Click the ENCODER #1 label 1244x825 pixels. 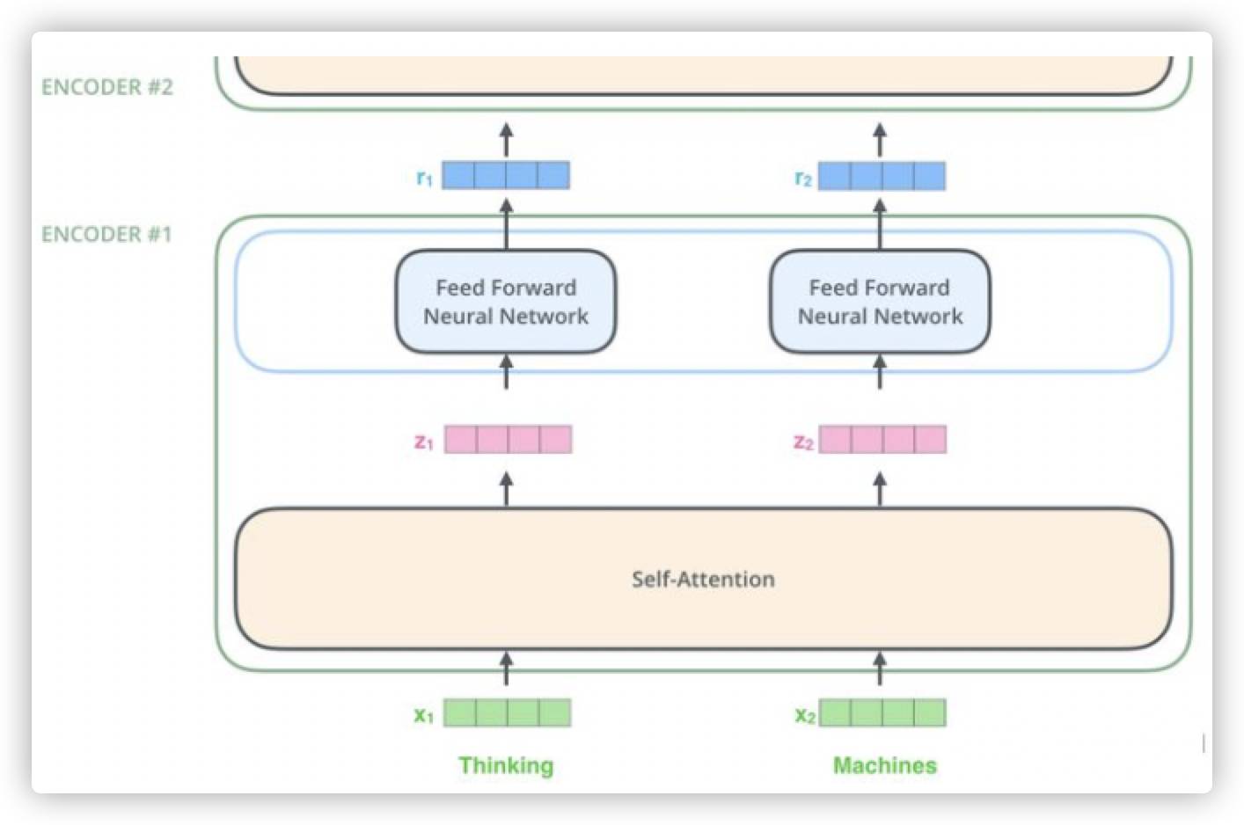[x=106, y=234]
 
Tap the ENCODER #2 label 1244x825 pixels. [x=107, y=86]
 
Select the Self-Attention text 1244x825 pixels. [x=703, y=579]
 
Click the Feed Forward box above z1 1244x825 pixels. [x=506, y=302]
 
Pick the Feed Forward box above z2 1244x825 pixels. [x=881, y=302]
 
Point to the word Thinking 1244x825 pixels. [x=506, y=765]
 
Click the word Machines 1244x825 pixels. [x=885, y=765]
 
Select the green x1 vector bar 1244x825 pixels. [x=507, y=712]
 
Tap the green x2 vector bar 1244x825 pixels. [x=882, y=712]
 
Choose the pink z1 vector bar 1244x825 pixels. [x=509, y=439]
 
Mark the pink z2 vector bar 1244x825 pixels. [x=882, y=439]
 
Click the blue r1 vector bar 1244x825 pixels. [x=506, y=175]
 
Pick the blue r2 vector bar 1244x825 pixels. [x=882, y=175]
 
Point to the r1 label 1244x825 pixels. [x=424, y=178]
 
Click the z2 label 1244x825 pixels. [x=803, y=442]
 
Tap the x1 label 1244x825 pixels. [x=424, y=715]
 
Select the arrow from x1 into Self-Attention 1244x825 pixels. [x=506, y=668]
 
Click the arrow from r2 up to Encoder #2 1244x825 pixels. [x=880, y=139]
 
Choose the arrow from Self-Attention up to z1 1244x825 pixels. [x=506, y=489]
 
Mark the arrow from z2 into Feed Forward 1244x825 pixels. [x=880, y=373]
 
